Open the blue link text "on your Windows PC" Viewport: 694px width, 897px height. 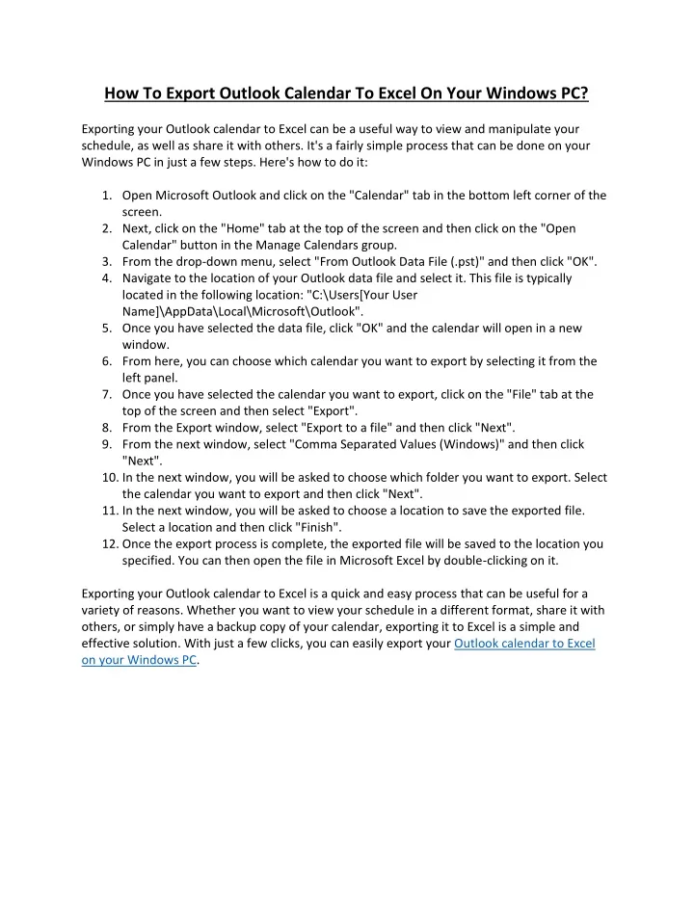139,661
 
